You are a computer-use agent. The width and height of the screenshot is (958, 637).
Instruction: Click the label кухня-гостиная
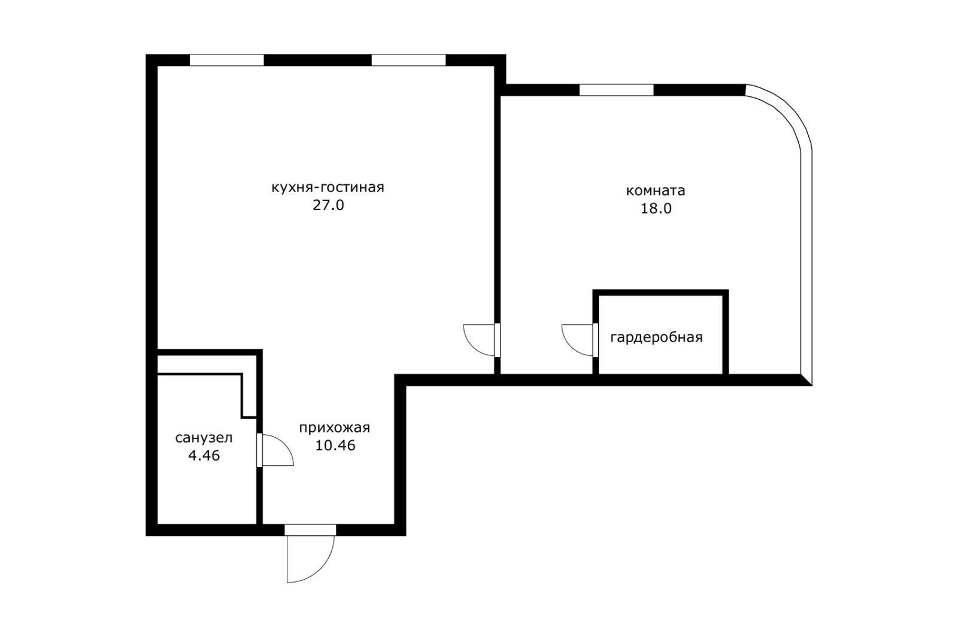(328, 187)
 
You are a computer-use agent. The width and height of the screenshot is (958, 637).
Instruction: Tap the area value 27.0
(328, 206)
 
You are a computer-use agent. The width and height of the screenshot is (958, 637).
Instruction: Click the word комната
(655, 191)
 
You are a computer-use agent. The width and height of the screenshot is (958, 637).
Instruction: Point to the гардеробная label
(656, 337)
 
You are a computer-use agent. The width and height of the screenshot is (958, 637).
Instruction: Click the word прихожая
(334, 428)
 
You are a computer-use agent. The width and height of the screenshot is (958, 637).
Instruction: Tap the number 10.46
(334, 446)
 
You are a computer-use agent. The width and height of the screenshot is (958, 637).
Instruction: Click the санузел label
(204, 438)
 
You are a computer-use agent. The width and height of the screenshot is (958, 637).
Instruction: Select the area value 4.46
(204, 456)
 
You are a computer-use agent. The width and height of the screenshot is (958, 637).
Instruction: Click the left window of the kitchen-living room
(226, 60)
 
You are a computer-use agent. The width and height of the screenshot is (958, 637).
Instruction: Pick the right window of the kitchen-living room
(408, 60)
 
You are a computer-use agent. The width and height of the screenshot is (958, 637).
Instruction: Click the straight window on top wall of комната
(616, 90)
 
